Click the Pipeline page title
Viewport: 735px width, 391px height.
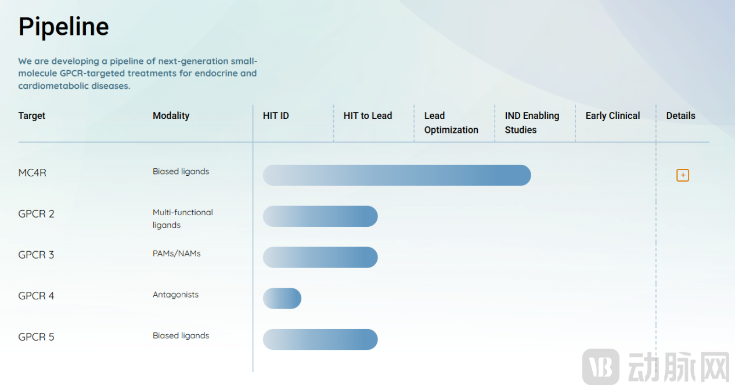pos(63,27)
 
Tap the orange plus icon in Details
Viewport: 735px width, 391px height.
pos(683,175)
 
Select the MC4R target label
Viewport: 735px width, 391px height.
pos(32,173)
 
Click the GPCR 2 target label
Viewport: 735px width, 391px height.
pos(36,213)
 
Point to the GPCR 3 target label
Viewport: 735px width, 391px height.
pos(36,255)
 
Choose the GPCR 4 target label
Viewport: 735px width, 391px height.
pos(36,296)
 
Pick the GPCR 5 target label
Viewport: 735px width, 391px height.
pos(36,336)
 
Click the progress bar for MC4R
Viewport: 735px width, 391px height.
pos(397,175)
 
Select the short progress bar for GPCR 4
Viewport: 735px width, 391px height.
pos(282,298)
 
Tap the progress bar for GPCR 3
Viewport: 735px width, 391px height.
pos(320,257)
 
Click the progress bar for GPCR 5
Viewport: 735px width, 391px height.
pos(320,339)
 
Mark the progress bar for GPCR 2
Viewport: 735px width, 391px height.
pos(320,216)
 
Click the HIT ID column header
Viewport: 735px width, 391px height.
pos(276,115)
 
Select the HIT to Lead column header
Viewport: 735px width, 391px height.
pos(368,115)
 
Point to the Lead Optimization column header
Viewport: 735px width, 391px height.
pos(451,122)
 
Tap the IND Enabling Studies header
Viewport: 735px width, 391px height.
pos(532,122)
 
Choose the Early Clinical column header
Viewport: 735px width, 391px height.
pos(613,115)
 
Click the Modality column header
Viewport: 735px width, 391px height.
pos(171,115)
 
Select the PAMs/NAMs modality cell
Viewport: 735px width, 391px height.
pos(176,254)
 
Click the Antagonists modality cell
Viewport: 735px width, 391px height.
pos(175,294)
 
